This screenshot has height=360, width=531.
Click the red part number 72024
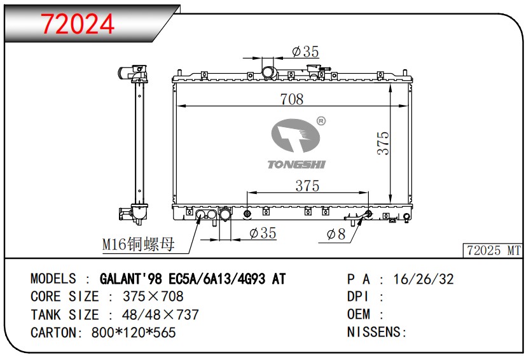pos(78,24)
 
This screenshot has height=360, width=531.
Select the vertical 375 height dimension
pos(383,144)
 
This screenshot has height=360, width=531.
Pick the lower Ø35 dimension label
pos(263,233)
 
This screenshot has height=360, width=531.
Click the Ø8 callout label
pos(336,234)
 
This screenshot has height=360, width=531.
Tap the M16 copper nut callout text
pos(138,244)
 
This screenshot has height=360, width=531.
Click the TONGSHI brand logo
pos(296,144)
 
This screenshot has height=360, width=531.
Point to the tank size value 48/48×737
pos(153,315)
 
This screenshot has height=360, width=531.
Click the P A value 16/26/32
pos(424,279)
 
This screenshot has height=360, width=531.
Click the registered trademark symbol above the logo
pos(321,121)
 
